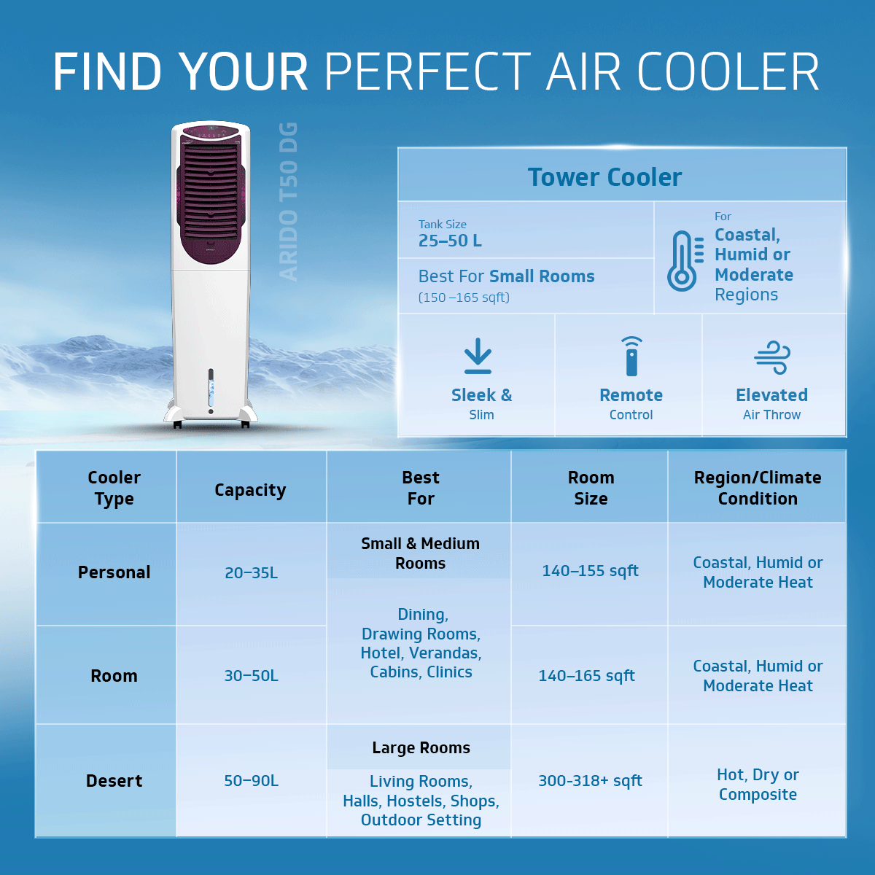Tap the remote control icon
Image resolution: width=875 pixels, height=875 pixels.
(x=631, y=357)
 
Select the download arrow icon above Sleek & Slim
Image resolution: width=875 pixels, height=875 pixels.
(x=478, y=356)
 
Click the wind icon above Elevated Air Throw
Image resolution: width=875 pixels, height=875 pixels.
(x=772, y=357)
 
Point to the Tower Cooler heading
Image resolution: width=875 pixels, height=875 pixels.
(x=604, y=177)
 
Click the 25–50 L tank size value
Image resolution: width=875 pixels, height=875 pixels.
(x=450, y=241)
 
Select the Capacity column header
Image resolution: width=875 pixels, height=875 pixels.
(x=250, y=490)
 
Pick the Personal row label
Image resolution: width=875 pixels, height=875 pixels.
(x=114, y=572)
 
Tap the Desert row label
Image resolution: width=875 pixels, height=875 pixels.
(x=114, y=781)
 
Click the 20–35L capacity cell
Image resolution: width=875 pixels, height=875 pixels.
(x=251, y=573)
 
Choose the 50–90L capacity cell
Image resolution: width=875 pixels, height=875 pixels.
(x=251, y=781)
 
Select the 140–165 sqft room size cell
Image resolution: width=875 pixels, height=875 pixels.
(x=586, y=676)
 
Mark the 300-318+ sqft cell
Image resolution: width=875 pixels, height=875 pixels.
(x=590, y=781)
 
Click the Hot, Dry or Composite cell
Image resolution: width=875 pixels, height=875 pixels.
(x=758, y=785)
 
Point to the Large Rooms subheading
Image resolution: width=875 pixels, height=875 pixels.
(x=421, y=748)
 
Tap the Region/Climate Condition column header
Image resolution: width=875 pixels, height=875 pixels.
(x=758, y=488)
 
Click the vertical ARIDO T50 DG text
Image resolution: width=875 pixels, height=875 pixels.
(x=289, y=201)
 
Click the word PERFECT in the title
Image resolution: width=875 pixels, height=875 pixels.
(x=427, y=71)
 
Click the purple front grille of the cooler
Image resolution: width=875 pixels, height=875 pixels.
(x=210, y=193)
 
